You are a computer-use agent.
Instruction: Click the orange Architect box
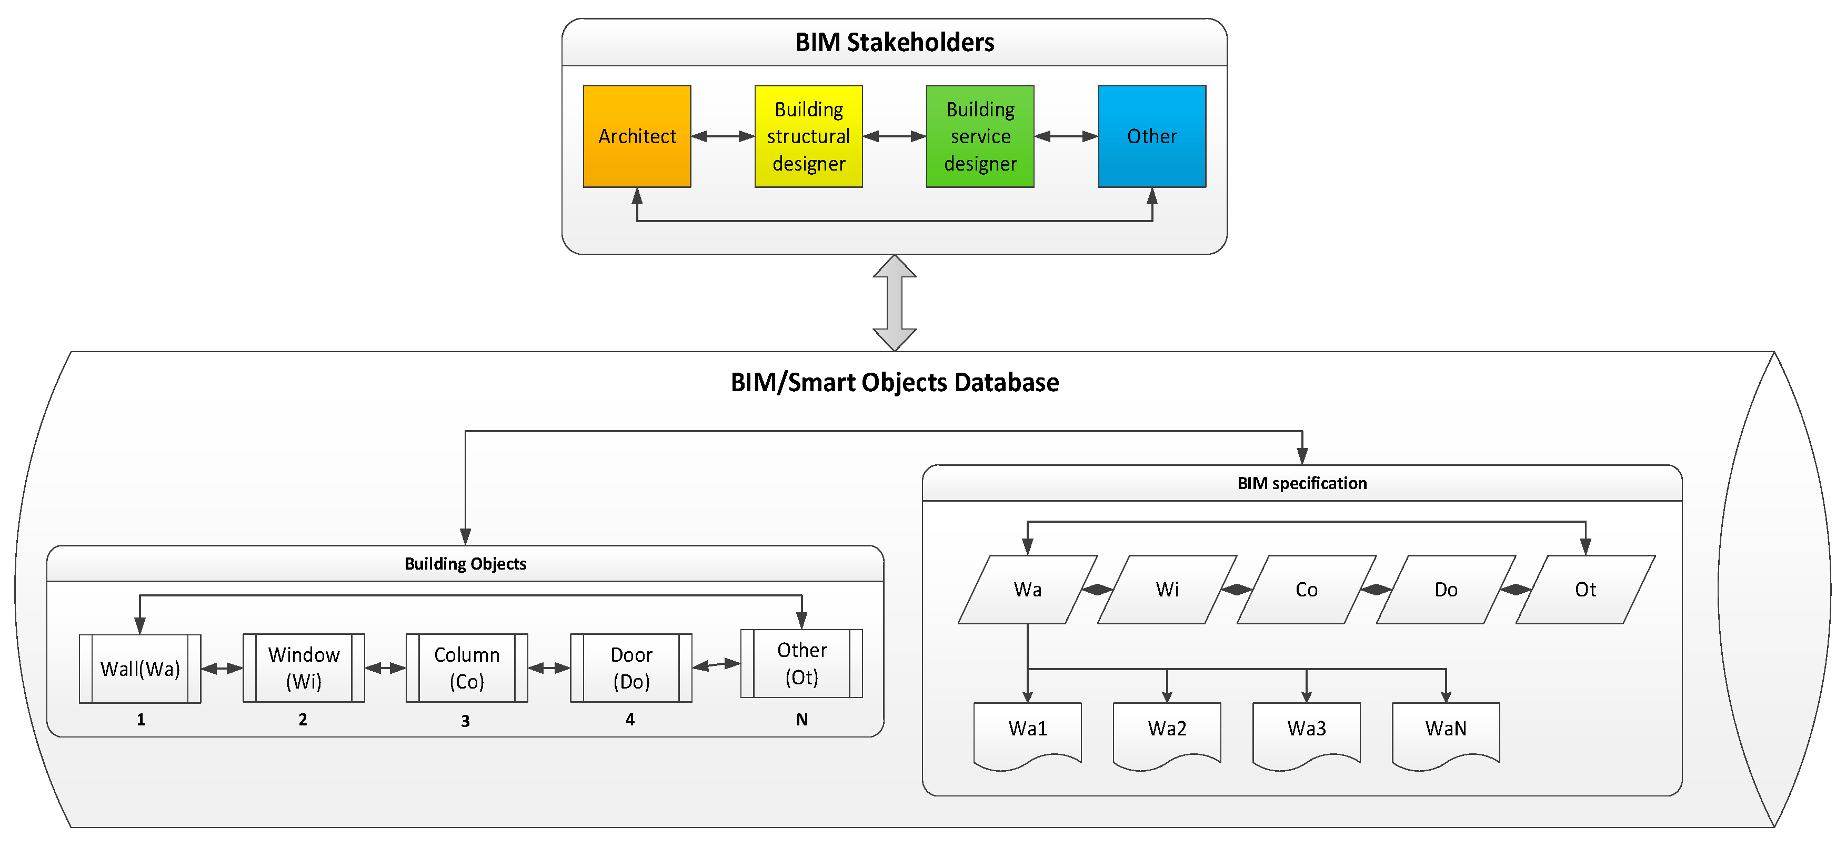coord(637,136)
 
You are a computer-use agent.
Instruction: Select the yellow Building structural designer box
coord(808,136)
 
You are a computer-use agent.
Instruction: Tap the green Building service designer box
coord(980,136)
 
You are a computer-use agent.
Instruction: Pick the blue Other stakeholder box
coord(1152,136)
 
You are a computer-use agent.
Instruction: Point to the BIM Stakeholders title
coord(895,42)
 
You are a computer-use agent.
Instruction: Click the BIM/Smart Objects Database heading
coord(895,383)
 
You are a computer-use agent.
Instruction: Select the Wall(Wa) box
coord(140,669)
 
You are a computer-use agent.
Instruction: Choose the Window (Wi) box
coord(304,668)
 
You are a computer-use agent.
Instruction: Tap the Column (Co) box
coord(467,668)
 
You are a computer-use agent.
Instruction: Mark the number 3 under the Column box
coord(465,721)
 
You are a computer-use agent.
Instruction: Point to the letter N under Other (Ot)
coord(802,720)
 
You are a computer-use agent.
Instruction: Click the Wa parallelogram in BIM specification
coord(1028,590)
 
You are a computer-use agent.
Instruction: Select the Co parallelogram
coord(1307,590)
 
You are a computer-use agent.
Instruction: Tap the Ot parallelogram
coord(1585,590)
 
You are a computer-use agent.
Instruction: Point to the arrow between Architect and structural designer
coord(723,136)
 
